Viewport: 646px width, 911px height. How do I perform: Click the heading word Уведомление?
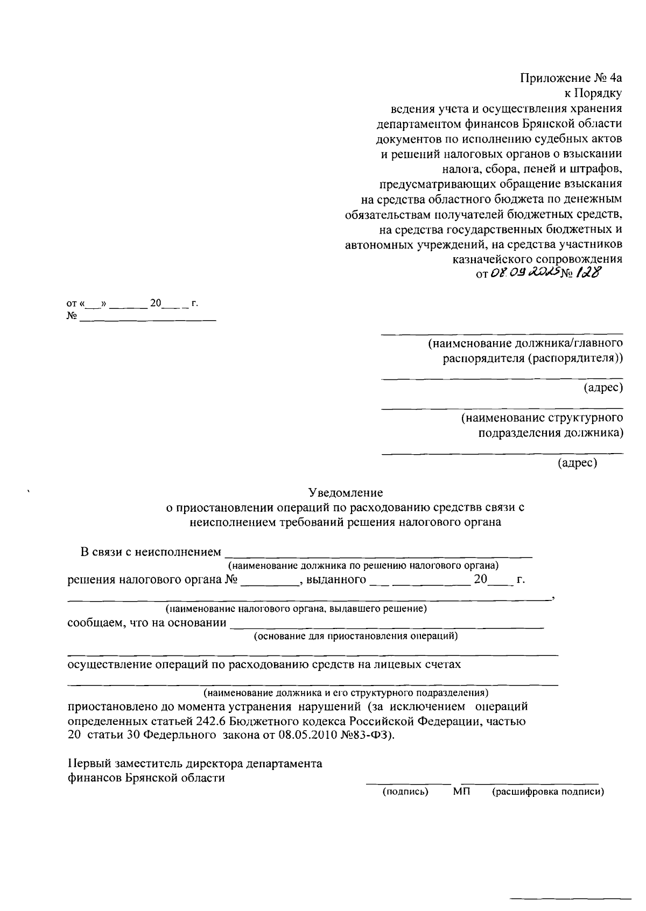tap(345, 492)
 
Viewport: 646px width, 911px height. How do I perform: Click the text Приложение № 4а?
tap(571, 78)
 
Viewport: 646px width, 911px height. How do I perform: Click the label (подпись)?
tap(405, 792)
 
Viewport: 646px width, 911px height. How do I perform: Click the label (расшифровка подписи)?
tap(548, 792)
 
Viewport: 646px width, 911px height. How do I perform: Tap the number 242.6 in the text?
tap(210, 721)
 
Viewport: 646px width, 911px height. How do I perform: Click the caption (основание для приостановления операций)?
tap(356, 636)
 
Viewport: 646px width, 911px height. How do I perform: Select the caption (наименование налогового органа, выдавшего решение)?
tap(296, 609)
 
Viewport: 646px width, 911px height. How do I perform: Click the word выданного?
tap(336, 580)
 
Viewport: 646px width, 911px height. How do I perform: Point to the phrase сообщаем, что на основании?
tap(146, 623)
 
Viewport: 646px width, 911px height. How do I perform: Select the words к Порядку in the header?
tap(593, 93)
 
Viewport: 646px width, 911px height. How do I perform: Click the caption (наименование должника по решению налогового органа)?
tap(363, 566)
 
